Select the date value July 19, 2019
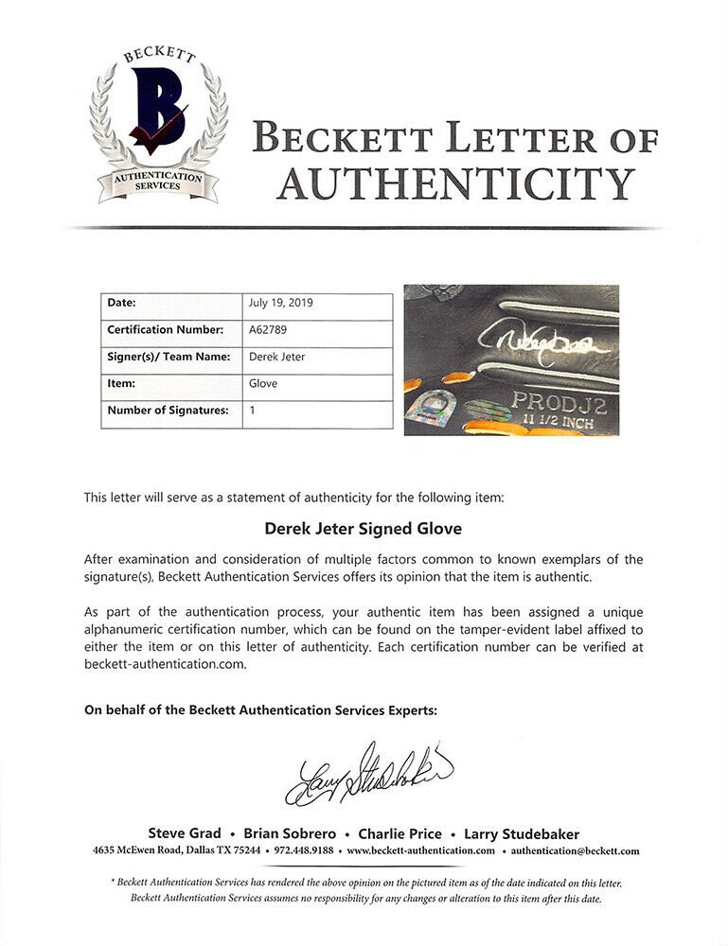click(280, 304)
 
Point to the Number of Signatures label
click(169, 411)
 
